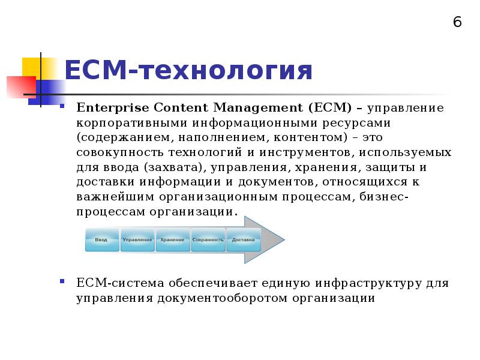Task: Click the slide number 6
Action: pyautogui.click(x=457, y=22)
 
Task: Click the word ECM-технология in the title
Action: pyautogui.click(x=188, y=71)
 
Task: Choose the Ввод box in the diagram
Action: pyautogui.click(x=101, y=240)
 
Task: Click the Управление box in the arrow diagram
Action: pyautogui.click(x=137, y=240)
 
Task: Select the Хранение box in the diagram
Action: pyautogui.click(x=172, y=240)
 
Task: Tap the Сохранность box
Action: pyautogui.click(x=208, y=240)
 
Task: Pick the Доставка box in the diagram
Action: pyautogui.click(x=243, y=240)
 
